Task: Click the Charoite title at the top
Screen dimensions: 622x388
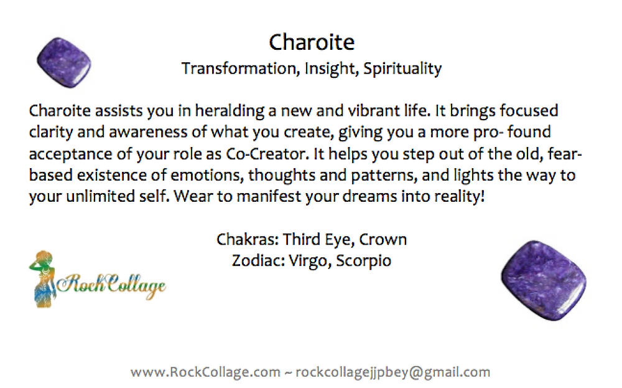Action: click(x=312, y=42)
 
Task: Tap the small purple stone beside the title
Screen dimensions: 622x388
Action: click(x=64, y=62)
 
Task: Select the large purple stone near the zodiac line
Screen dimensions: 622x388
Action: click(x=544, y=280)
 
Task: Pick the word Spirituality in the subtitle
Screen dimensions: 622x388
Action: click(x=402, y=69)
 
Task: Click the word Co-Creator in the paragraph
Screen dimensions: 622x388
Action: click(x=267, y=154)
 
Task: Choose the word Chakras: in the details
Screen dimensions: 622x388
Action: click(x=248, y=240)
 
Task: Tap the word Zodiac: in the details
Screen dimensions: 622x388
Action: click(x=258, y=260)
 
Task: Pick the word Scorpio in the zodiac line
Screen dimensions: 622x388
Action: click(x=364, y=261)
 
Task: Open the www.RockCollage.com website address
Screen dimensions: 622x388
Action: click(x=205, y=372)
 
